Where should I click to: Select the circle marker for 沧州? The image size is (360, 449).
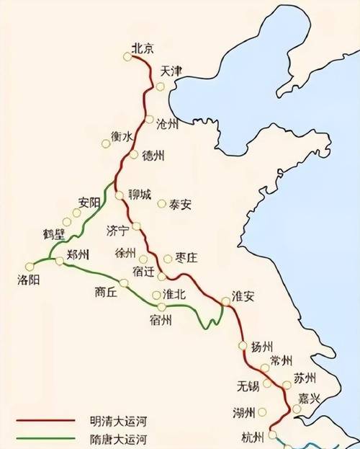pos(150,119)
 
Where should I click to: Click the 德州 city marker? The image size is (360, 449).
pos(133,154)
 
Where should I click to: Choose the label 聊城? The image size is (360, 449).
pos(140,194)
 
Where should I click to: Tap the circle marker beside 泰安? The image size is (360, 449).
pos(162,203)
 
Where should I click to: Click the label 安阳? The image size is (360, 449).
pos(89,203)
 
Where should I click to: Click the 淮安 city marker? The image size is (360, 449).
pos(225,301)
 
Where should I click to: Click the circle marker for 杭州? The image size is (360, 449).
pos(272,435)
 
